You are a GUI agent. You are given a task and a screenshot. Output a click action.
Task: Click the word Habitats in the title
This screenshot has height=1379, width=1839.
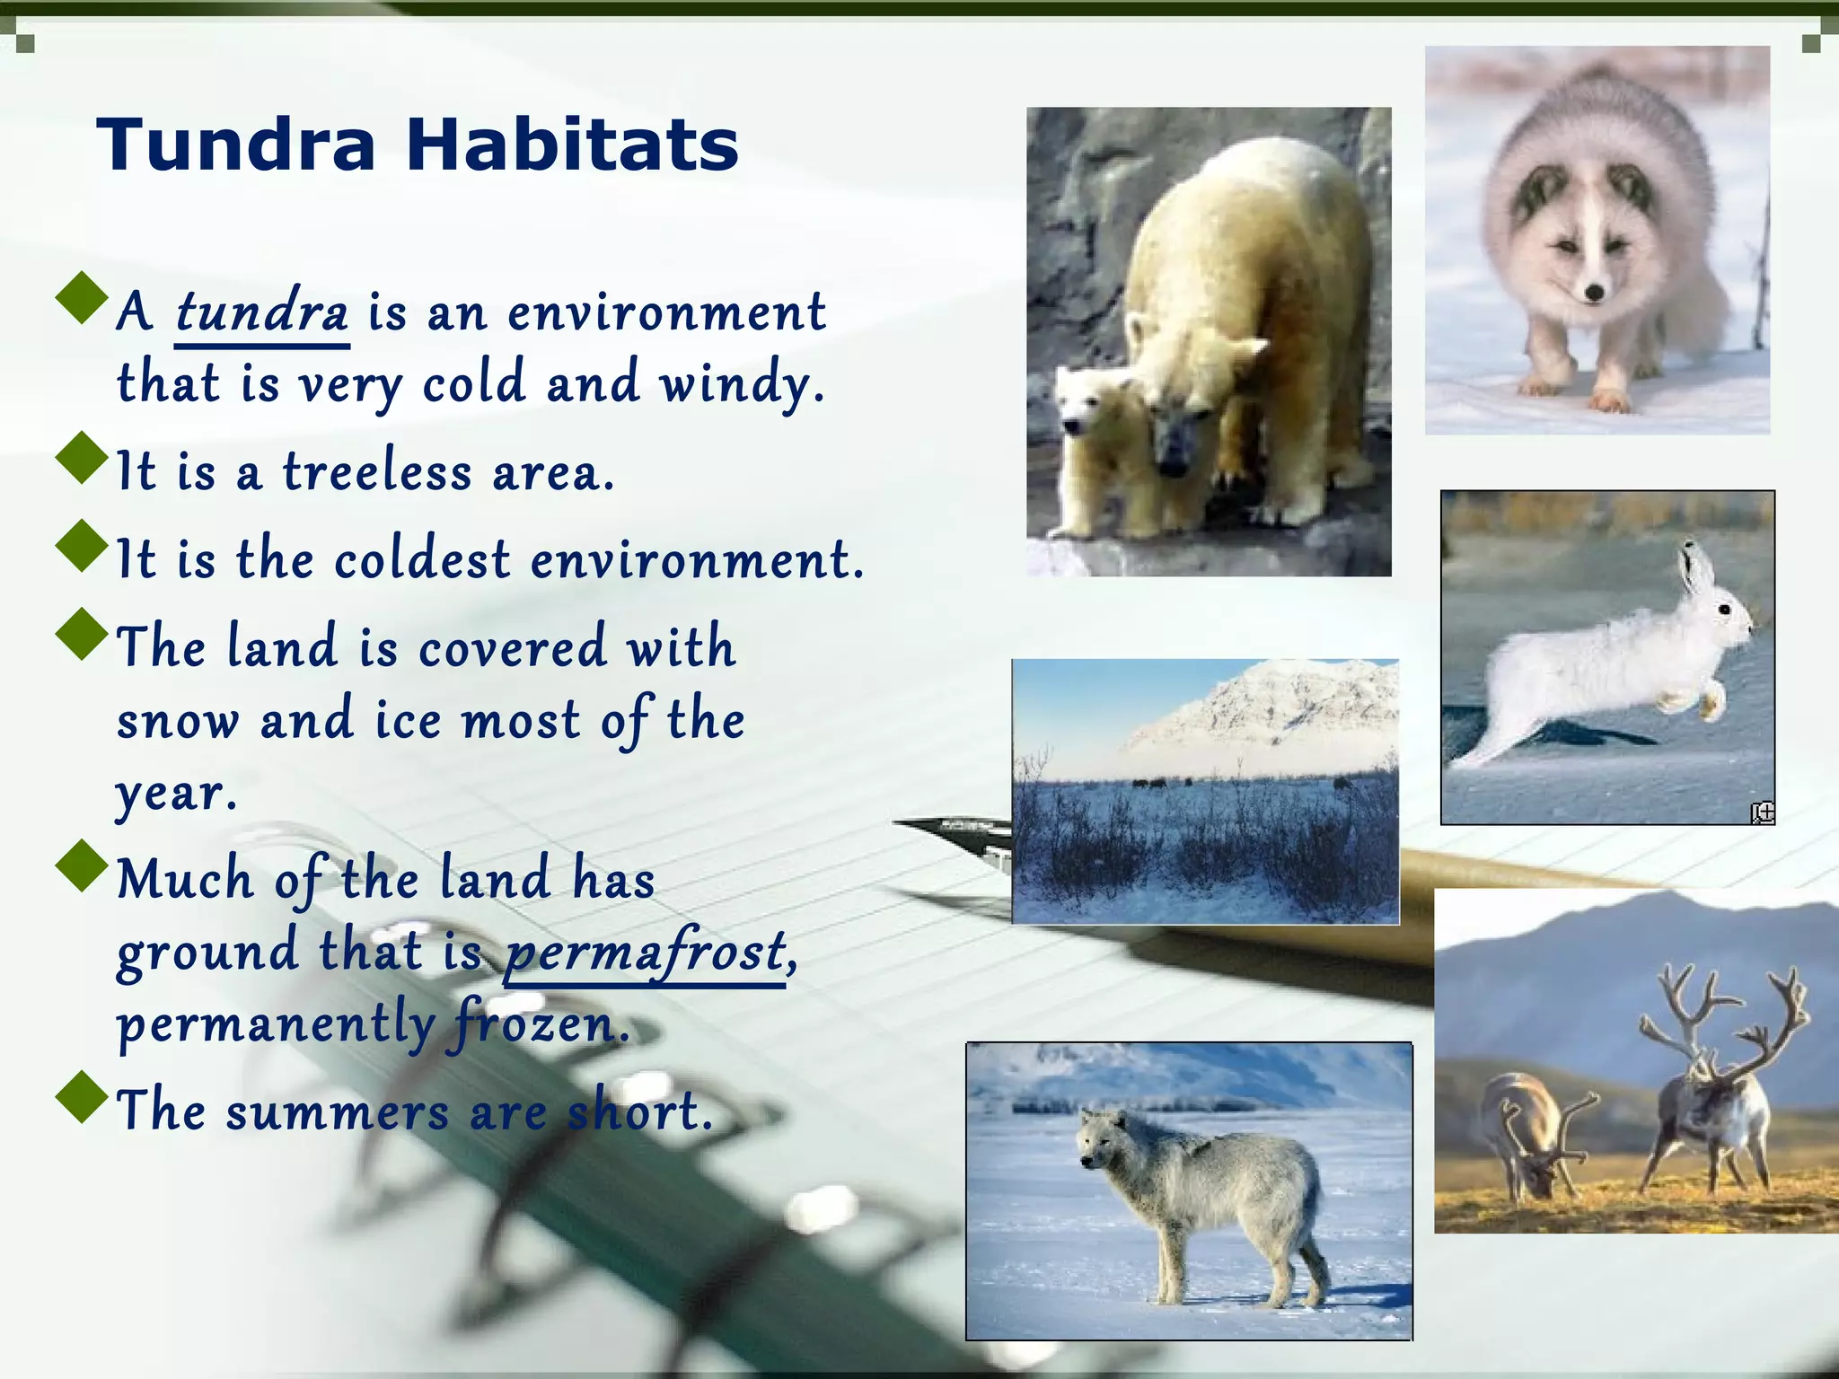tap(572, 145)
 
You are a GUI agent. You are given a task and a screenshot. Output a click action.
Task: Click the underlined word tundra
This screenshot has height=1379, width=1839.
tap(261, 312)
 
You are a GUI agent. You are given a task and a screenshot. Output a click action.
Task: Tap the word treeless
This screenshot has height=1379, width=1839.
tap(377, 472)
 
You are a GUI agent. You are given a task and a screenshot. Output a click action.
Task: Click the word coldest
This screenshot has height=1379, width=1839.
tap(422, 559)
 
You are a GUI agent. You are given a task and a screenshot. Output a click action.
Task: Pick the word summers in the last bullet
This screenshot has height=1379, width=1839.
tap(337, 1111)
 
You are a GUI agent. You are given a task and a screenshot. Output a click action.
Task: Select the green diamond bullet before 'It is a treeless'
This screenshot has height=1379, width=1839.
tap(82, 458)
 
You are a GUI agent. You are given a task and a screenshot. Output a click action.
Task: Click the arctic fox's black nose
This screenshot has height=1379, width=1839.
tap(1595, 292)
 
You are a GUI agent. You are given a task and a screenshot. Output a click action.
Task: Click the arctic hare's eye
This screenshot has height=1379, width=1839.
tap(1724, 610)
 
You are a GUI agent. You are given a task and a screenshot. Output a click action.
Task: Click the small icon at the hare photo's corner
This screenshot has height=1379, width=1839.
tap(1763, 812)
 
